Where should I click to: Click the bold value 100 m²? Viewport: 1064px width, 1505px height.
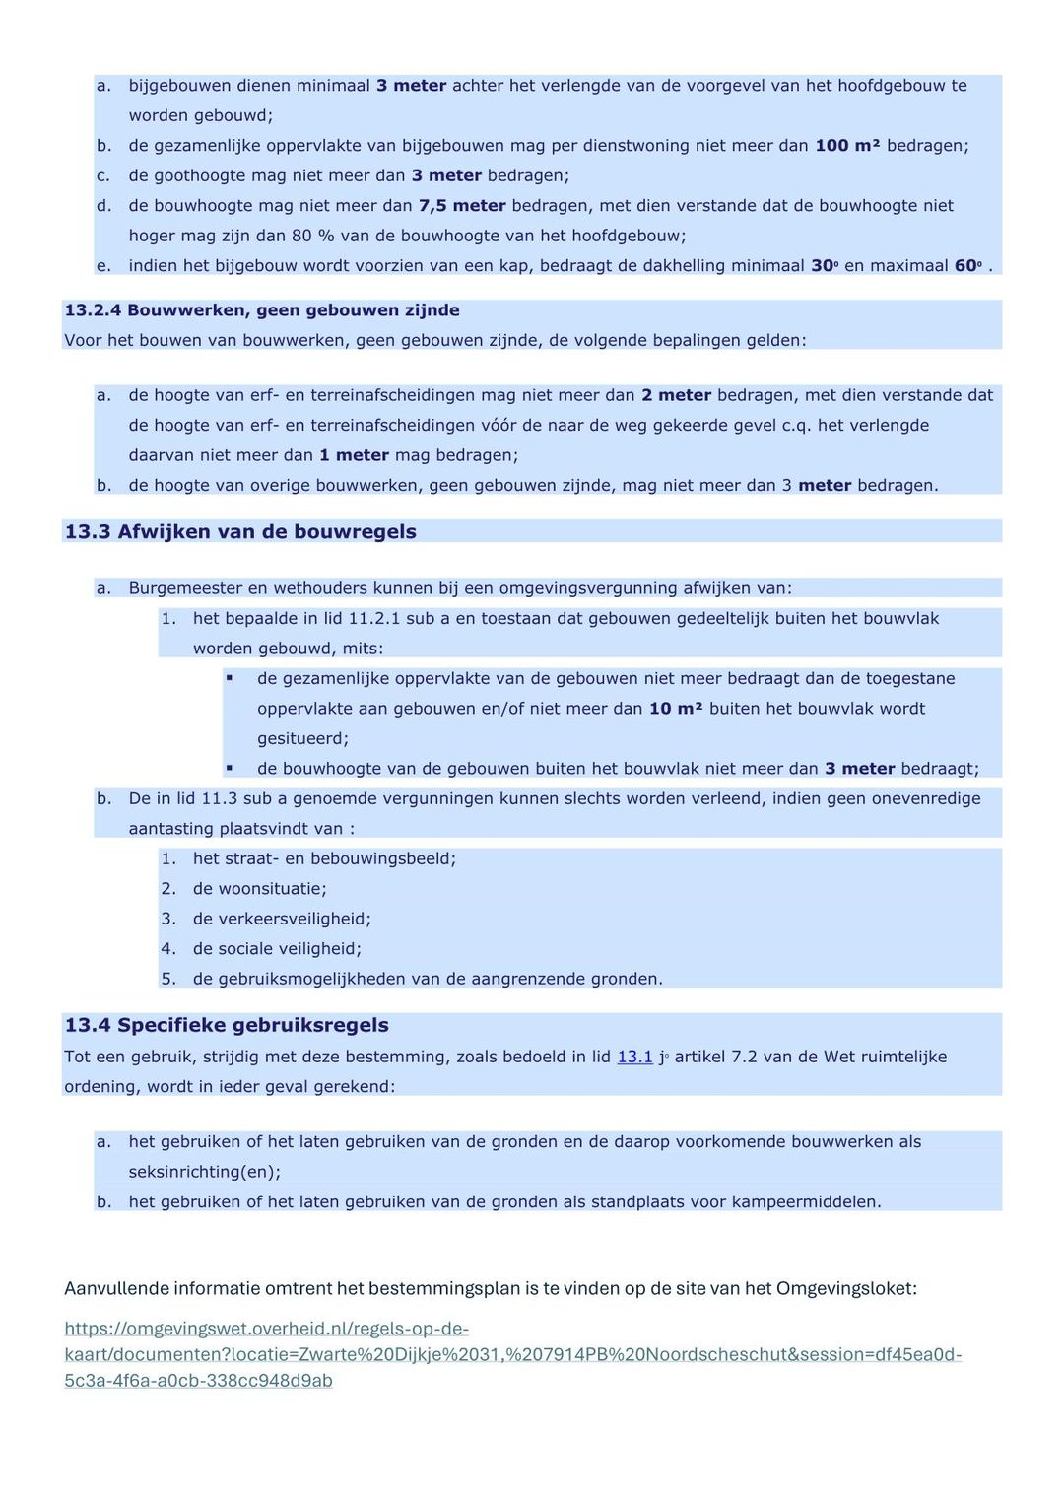[847, 146]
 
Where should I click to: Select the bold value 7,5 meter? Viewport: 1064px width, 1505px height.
[462, 206]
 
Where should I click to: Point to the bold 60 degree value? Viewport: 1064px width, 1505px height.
[967, 266]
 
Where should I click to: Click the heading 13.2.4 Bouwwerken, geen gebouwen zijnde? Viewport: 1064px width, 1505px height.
[262, 310]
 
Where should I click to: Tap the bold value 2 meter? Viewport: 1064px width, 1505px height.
[676, 395]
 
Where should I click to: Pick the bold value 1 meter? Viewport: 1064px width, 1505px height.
[354, 455]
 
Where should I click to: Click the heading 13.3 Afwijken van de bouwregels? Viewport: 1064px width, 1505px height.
[240, 532]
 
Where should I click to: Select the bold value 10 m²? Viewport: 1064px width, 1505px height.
[676, 709]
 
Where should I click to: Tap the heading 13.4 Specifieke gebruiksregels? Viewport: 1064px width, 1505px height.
[227, 1025]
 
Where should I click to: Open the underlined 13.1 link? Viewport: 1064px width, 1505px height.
[634, 1057]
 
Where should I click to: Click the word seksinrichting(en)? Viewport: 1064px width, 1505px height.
[204, 1172]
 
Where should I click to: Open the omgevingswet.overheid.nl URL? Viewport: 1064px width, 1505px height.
[512, 1354]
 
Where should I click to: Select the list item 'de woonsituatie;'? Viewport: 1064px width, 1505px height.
[259, 889]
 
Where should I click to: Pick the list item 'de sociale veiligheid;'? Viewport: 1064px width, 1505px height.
[277, 949]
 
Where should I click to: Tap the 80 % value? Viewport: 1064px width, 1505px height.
[312, 236]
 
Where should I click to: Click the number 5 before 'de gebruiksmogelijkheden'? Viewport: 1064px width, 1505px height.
[167, 979]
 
